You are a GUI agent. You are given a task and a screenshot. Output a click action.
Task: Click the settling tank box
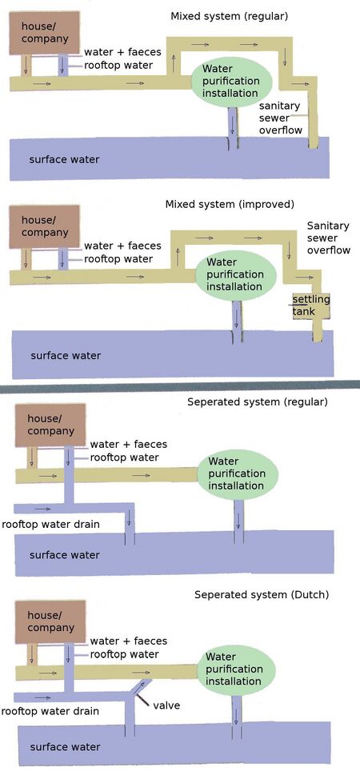tap(310, 306)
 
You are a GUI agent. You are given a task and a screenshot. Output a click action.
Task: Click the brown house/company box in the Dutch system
tap(50, 620)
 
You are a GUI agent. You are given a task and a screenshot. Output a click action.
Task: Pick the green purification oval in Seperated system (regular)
tap(235, 473)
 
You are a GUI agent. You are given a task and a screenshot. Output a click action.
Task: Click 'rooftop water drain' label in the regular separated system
tap(50, 525)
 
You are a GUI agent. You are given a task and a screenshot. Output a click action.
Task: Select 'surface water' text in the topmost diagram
tap(65, 159)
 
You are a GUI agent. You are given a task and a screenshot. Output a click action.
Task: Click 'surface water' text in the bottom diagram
tap(65, 747)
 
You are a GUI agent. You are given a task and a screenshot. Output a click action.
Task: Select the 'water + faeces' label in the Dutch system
tap(127, 641)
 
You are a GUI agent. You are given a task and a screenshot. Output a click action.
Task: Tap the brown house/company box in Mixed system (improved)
tap(44, 226)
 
